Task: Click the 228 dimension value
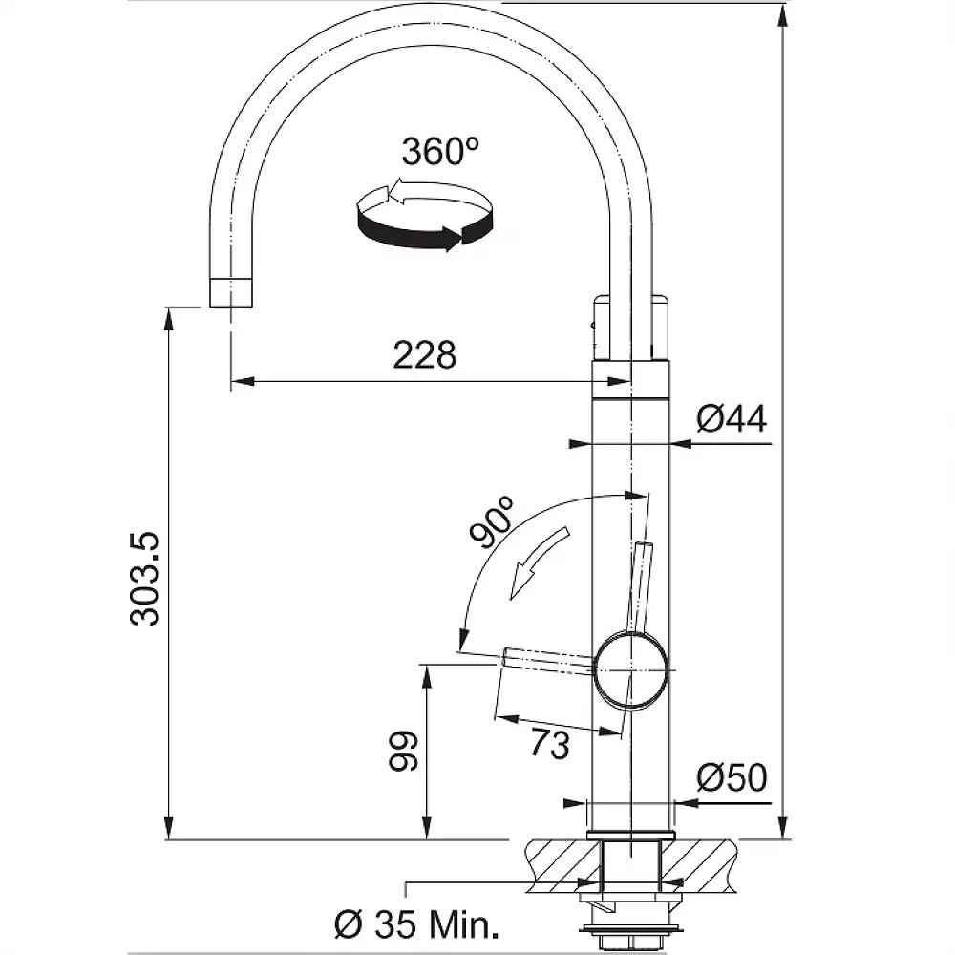click(425, 355)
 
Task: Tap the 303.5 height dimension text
click(146, 580)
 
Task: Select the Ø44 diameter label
click(732, 418)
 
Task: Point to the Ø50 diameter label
click(732, 778)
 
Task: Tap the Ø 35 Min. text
click(417, 924)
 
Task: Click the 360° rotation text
click(440, 152)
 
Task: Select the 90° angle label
click(493, 521)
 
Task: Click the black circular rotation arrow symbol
click(424, 218)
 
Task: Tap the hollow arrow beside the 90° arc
click(540, 563)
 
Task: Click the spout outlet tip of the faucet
click(231, 292)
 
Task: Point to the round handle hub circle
click(629, 669)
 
